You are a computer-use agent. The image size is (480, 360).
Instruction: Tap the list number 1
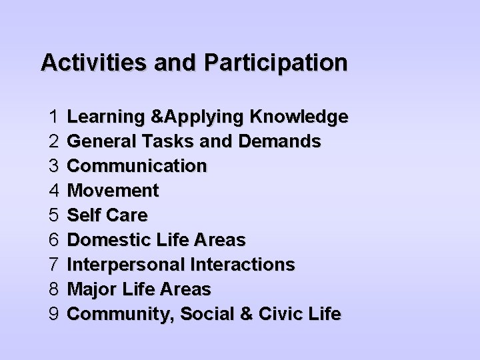55,117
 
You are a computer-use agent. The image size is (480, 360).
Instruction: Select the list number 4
55,191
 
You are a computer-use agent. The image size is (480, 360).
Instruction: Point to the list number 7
55,265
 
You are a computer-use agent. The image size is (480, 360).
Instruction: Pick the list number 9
55,314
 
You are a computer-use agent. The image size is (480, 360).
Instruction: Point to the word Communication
137,167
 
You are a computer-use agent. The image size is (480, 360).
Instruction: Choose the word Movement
113,191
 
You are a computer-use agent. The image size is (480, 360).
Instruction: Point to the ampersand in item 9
247,314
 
